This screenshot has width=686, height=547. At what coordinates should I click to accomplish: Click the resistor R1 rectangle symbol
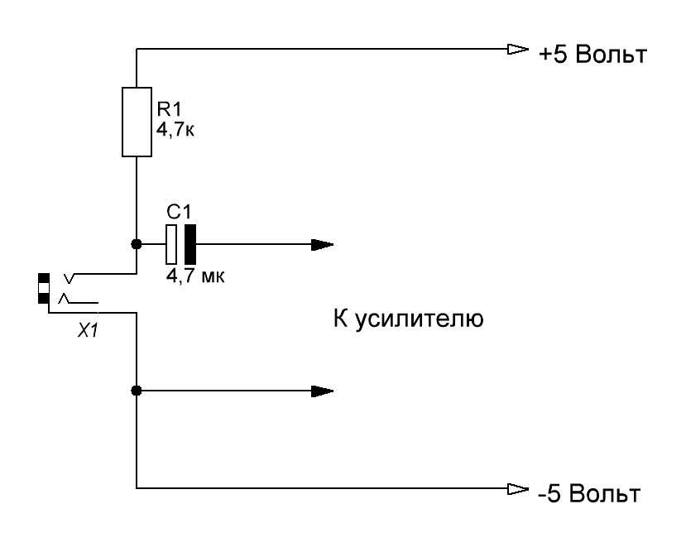click(137, 122)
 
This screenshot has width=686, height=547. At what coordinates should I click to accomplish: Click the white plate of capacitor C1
click(172, 244)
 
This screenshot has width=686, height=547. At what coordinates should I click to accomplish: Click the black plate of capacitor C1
click(189, 244)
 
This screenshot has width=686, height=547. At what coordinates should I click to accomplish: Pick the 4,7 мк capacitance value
click(195, 276)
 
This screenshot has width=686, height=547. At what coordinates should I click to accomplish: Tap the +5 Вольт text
click(592, 56)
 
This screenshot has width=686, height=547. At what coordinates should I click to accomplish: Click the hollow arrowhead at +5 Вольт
click(517, 50)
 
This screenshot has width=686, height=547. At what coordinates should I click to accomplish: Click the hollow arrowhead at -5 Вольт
click(517, 488)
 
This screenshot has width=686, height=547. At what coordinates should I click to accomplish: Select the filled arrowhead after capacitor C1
click(323, 245)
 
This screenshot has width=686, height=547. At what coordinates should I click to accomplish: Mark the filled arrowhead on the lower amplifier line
click(323, 391)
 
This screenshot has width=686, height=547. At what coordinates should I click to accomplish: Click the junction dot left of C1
click(137, 245)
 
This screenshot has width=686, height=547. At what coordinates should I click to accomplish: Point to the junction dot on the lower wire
click(137, 391)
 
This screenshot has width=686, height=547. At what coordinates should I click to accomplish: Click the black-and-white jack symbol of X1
click(43, 288)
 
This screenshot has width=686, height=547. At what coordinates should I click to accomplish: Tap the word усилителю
click(418, 319)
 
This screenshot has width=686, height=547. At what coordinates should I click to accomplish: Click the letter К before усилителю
click(339, 319)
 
